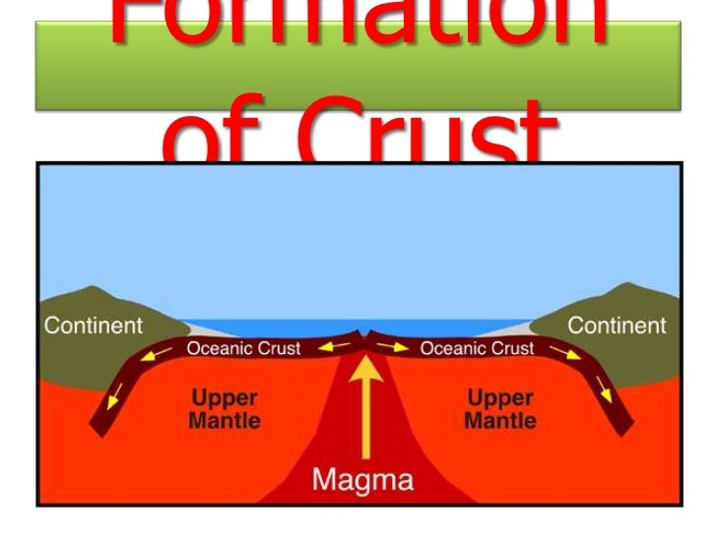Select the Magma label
[x=364, y=482]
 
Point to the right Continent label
[x=618, y=325]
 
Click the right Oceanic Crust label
[x=477, y=347]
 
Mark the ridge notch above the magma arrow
[x=365, y=337]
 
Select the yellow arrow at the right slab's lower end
[x=604, y=397]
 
